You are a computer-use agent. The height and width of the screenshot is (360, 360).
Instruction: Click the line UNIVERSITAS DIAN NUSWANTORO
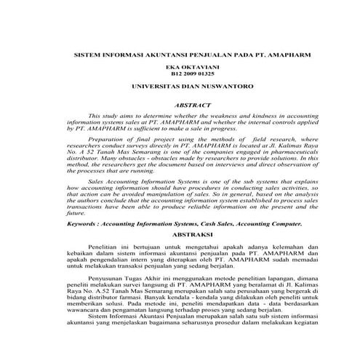click(x=183, y=87)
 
